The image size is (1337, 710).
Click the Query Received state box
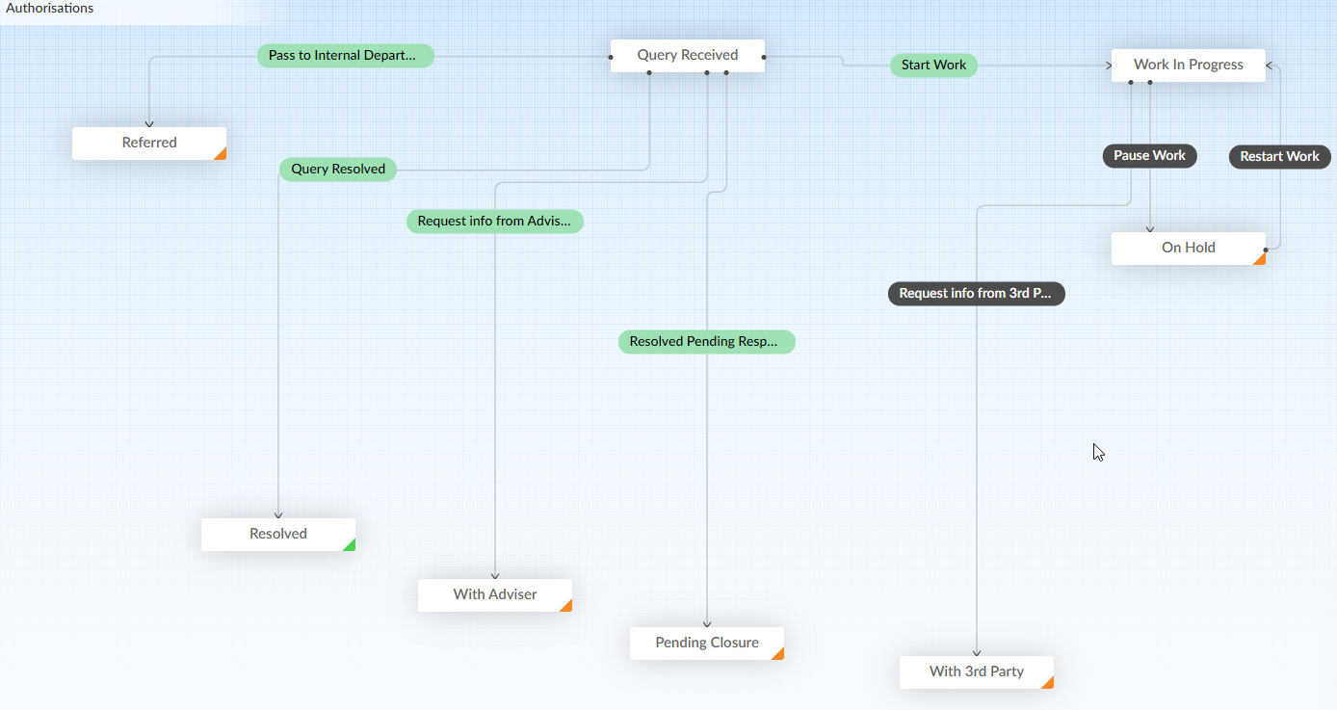click(687, 56)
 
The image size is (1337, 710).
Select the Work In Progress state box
click(1188, 66)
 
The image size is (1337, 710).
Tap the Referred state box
click(149, 144)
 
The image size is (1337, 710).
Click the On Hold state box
click(1188, 249)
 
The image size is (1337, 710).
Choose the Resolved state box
click(278, 535)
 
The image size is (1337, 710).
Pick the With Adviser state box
click(495, 595)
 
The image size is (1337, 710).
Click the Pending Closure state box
click(707, 644)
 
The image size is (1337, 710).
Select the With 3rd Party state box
click(977, 672)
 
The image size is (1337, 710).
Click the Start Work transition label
click(933, 66)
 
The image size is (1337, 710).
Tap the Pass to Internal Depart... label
click(346, 56)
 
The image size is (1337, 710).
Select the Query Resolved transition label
click(338, 169)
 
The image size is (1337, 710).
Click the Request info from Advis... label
click(495, 221)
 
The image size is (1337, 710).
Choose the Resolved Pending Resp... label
click(707, 342)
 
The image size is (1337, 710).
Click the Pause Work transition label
click(1149, 156)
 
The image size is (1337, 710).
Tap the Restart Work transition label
click(1280, 156)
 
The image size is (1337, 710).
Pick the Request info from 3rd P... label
click(977, 293)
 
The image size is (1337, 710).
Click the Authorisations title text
click(49, 9)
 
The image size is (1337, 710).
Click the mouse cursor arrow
click(1098, 452)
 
